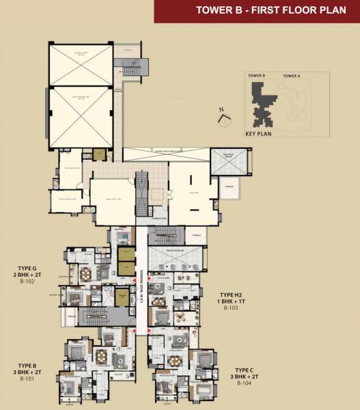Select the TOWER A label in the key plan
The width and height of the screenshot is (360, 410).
292,75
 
